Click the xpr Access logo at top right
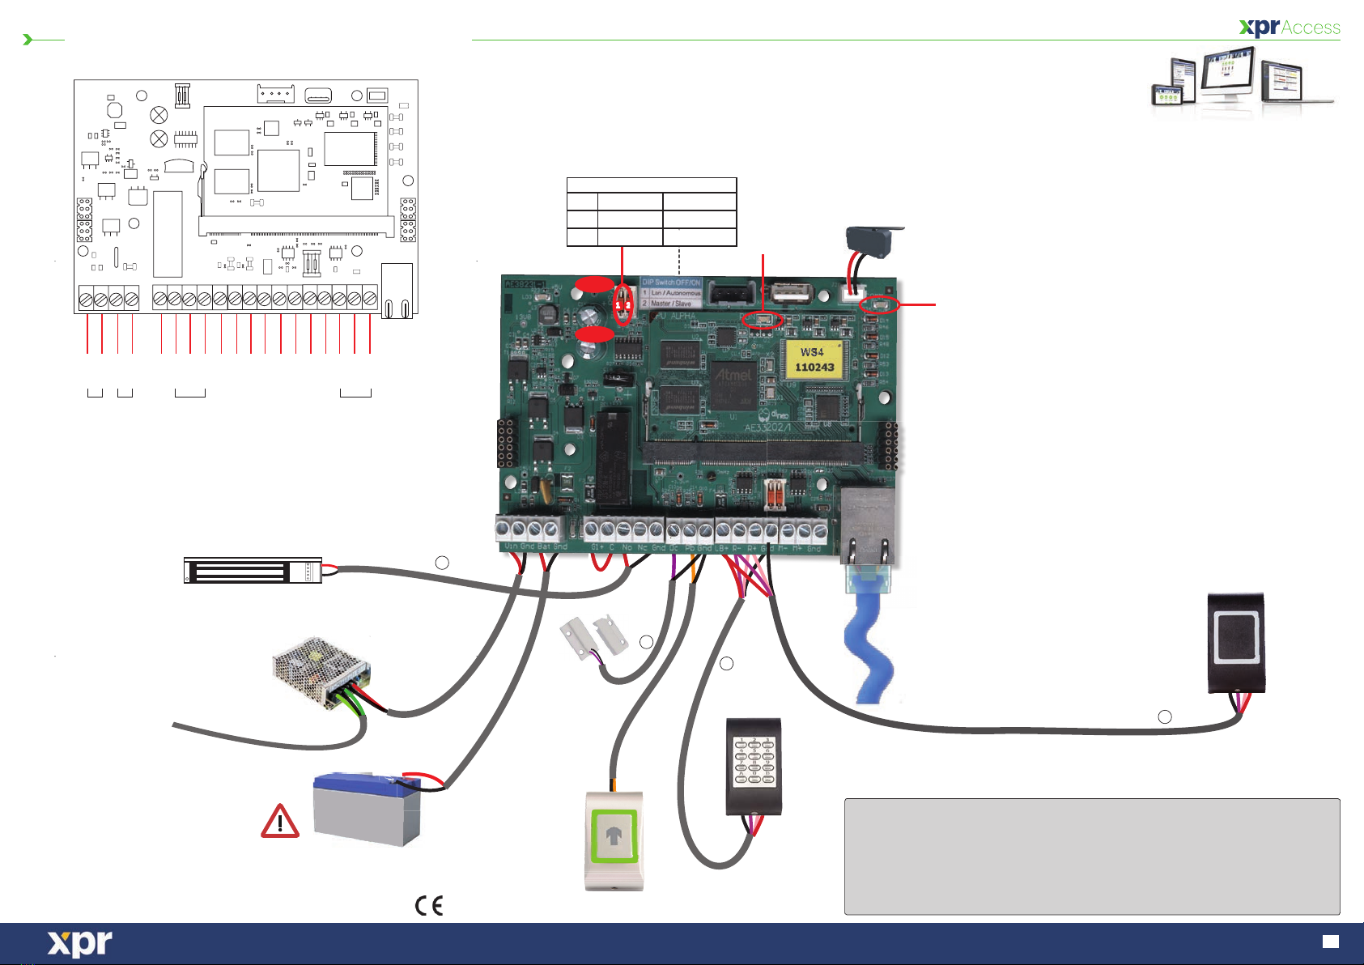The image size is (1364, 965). pos(1290,28)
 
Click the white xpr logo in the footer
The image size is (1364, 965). pos(79,944)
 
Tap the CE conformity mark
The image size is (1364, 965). pos(429,905)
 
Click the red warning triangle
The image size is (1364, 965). pos(280,822)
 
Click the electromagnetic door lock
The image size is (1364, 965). pos(253,571)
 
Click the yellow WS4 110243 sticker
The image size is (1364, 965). pos(814,359)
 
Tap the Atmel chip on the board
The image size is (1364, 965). pos(734,376)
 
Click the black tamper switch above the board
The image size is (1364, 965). pos(868,240)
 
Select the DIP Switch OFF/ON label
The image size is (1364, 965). pos(671,283)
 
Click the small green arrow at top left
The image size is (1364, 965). pos(28,40)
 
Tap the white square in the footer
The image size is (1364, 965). pos(1330,942)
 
